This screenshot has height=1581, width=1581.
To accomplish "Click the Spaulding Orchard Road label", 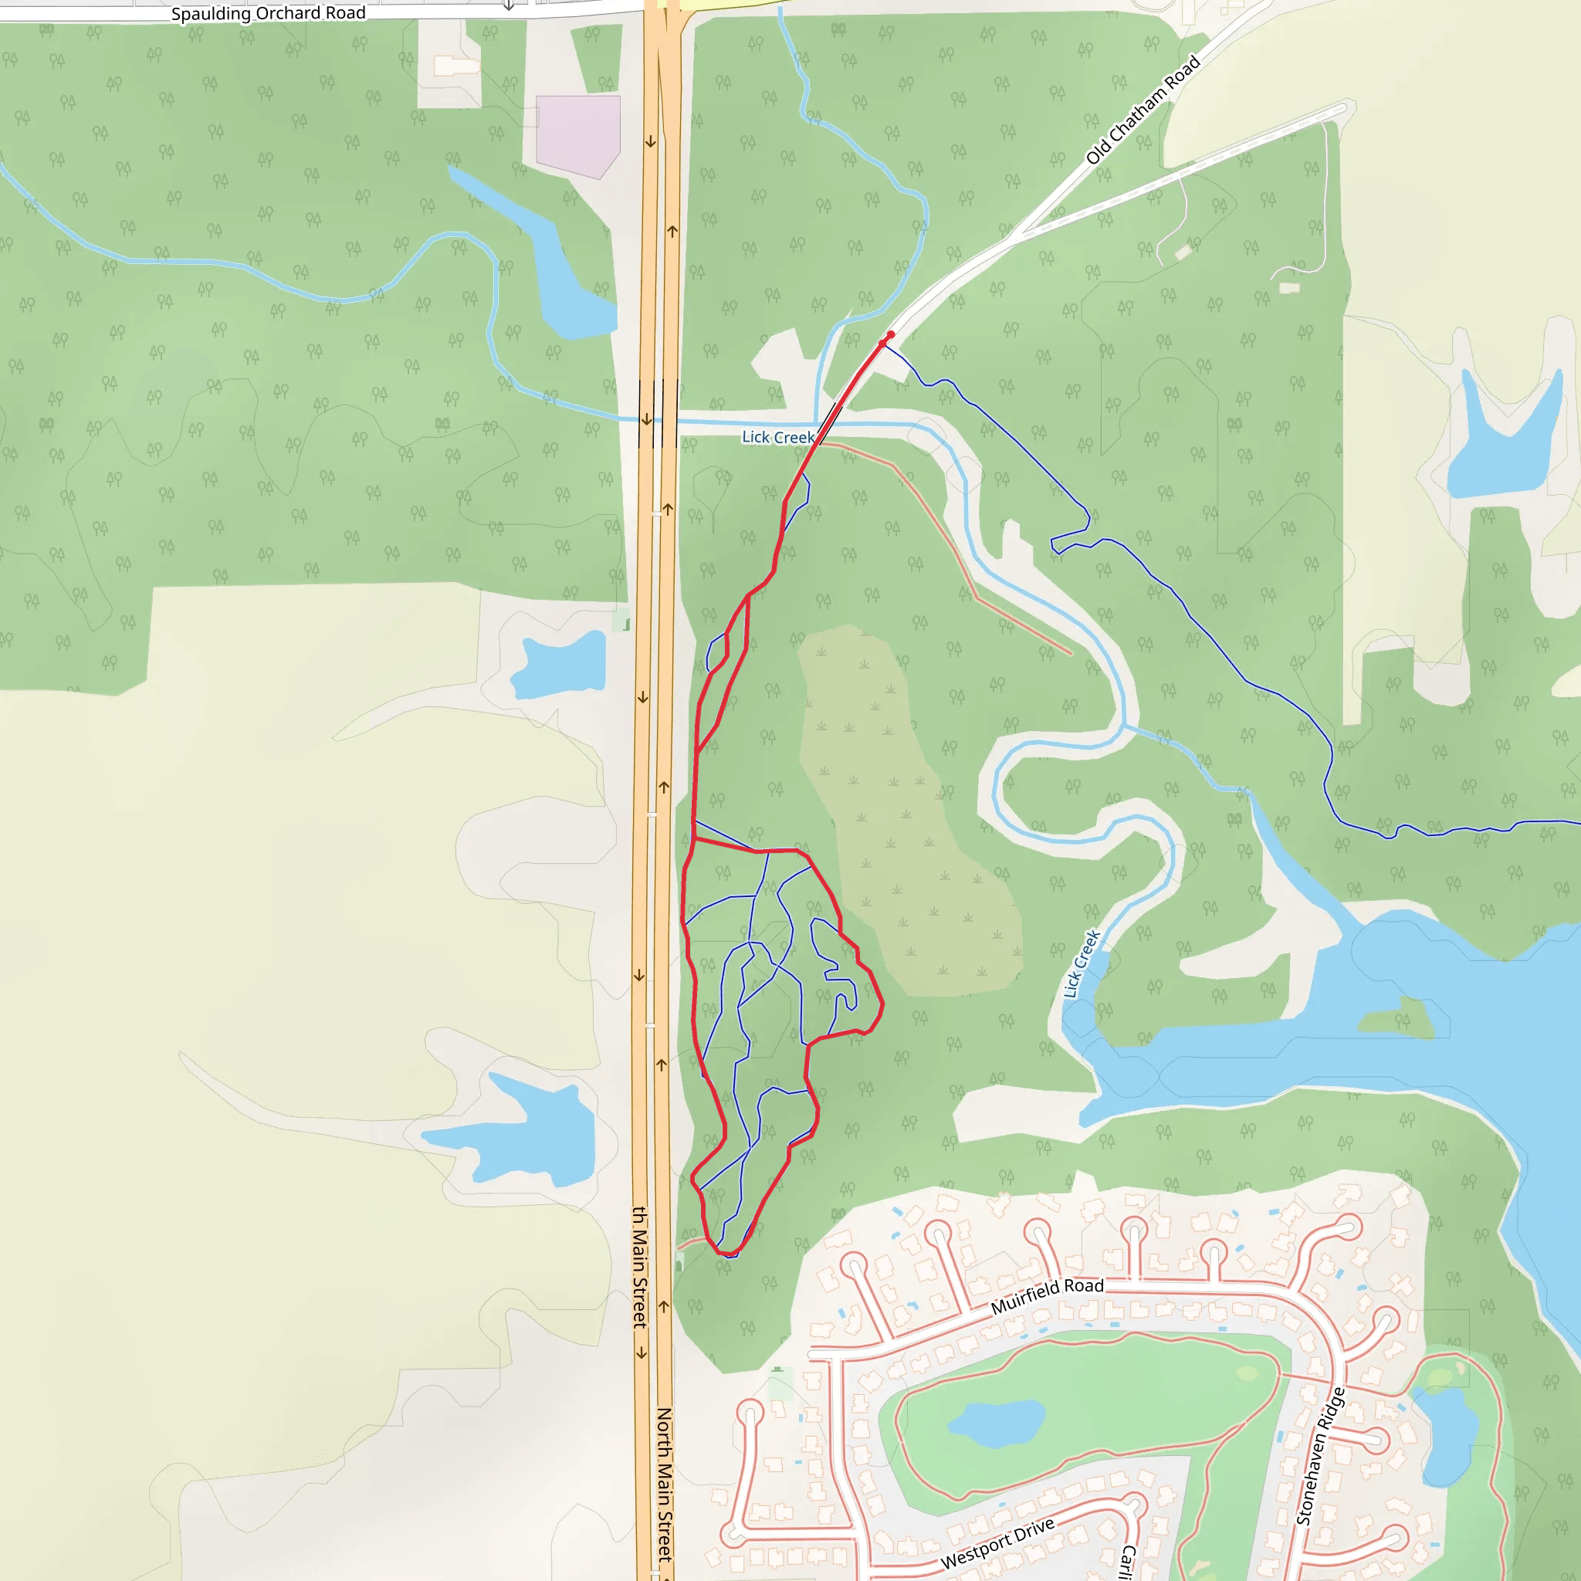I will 268,14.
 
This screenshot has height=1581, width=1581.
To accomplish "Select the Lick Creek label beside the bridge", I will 778,437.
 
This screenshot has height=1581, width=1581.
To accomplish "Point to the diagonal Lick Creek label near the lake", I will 1081,964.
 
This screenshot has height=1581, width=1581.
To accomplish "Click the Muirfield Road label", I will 1047,1296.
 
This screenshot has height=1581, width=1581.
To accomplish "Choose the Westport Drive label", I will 997,1544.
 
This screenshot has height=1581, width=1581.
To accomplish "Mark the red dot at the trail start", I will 890,335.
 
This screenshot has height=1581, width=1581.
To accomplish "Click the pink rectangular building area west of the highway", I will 577,133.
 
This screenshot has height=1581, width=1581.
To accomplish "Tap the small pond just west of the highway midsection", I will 559,665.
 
